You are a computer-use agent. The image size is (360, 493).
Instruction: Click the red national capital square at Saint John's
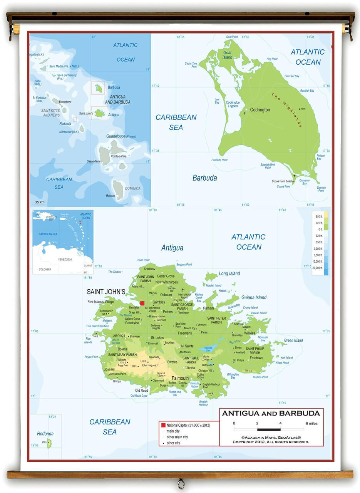tap(142, 303)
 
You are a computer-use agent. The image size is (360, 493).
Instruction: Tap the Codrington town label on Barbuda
tap(260, 110)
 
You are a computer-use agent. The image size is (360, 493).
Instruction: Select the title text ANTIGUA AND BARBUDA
tap(271, 414)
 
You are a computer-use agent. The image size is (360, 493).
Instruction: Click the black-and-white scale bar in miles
tap(269, 429)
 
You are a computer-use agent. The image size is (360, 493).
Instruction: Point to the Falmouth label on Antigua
tap(180, 378)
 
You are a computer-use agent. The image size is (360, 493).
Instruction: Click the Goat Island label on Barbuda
tap(227, 55)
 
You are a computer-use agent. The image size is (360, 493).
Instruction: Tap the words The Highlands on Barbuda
tap(286, 110)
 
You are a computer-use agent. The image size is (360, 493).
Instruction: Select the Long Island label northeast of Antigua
tap(229, 273)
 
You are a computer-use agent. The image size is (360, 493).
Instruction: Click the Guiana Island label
tap(254, 297)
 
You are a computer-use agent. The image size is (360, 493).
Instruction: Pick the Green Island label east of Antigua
tap(293, 340)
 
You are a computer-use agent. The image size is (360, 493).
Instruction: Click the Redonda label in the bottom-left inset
tap(45, 434)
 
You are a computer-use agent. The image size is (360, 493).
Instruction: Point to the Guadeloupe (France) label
tap(121, 136)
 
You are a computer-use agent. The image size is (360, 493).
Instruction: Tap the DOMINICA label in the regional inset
tap(132, 188)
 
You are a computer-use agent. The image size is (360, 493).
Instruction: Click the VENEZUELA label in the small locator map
tap(65, 260)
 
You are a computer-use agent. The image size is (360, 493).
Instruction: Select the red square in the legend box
tap(163, 425)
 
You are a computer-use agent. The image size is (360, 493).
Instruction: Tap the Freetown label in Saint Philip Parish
tap(256, 358)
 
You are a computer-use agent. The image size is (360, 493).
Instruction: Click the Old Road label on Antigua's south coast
tap(141, 391)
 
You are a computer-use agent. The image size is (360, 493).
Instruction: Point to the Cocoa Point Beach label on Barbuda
tap(282, 181)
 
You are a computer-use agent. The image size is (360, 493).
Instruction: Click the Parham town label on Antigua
tap(208, 309)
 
